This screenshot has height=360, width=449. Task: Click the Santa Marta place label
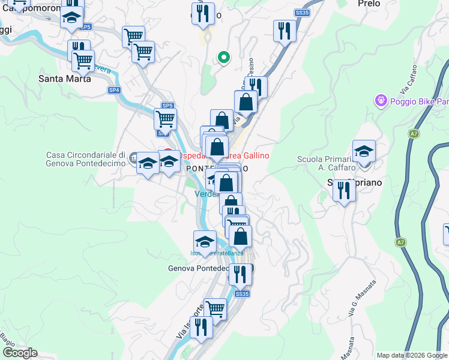point(65,78)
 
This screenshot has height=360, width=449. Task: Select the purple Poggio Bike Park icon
point(380,101)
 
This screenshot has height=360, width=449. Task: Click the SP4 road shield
point(114,90)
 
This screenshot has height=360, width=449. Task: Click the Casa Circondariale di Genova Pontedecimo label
point(86,159)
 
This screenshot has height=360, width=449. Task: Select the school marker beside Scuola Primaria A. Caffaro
point(364,152)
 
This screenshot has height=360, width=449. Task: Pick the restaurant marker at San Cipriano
point(344,191)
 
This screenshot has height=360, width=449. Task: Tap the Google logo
point(19,353)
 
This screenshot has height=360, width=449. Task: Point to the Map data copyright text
point(412,355)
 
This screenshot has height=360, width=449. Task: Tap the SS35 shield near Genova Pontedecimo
point(242,294)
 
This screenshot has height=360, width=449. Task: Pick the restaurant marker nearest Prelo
point(284,31)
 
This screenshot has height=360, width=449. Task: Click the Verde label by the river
point(205,194)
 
